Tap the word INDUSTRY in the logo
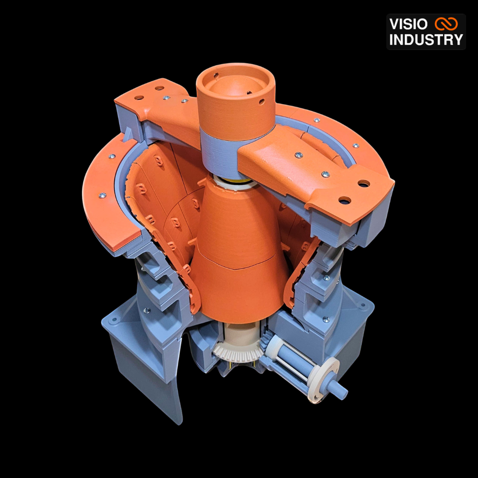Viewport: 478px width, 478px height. tap(426, 40)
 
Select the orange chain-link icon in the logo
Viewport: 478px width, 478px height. tap(446, 24)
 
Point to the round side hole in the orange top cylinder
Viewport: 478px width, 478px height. tap(261, 101)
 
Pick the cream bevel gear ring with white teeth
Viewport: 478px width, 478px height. tap(236, 351)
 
